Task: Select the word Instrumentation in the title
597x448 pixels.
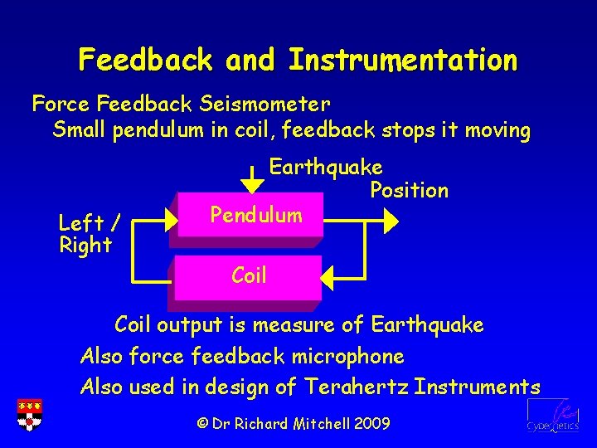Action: coord(403,60)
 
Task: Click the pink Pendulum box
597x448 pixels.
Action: coord(249,217)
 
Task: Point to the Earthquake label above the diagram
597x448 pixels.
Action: coord(325,168)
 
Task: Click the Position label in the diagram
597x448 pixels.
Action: coord(409,191)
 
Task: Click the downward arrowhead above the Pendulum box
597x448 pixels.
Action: coord(252,182)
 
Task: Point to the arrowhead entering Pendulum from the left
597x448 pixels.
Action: coord(171,220)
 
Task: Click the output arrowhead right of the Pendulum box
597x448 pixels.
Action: coord(389,220)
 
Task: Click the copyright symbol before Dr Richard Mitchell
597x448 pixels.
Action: coord(201,424)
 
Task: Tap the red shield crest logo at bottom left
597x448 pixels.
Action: coord(30,415)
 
